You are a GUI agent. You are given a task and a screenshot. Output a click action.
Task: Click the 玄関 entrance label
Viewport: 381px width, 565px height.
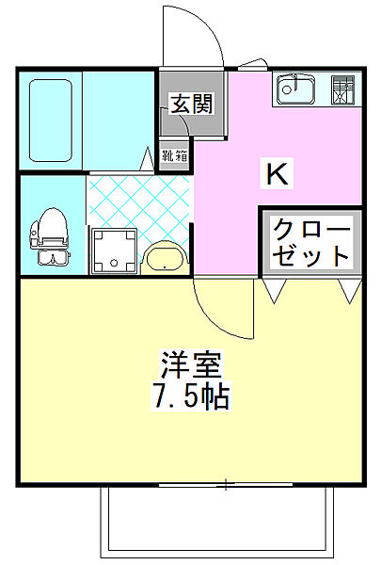click(x=191, y=103)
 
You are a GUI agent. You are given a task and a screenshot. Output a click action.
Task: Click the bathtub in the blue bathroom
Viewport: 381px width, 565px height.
click(x=52, y=121)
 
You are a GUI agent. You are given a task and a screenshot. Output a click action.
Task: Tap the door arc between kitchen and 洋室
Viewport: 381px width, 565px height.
click(x=226, y=311)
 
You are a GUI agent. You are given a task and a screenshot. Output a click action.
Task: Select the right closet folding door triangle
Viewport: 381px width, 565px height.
click(x=349, y=291)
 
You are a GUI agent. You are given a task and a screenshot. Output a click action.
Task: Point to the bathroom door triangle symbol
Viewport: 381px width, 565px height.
click(x=150, y=159)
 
